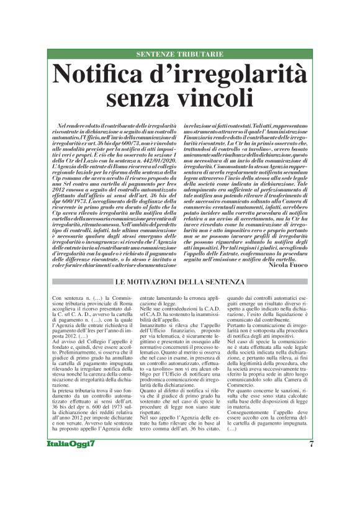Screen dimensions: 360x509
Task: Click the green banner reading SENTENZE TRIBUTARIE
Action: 180,54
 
